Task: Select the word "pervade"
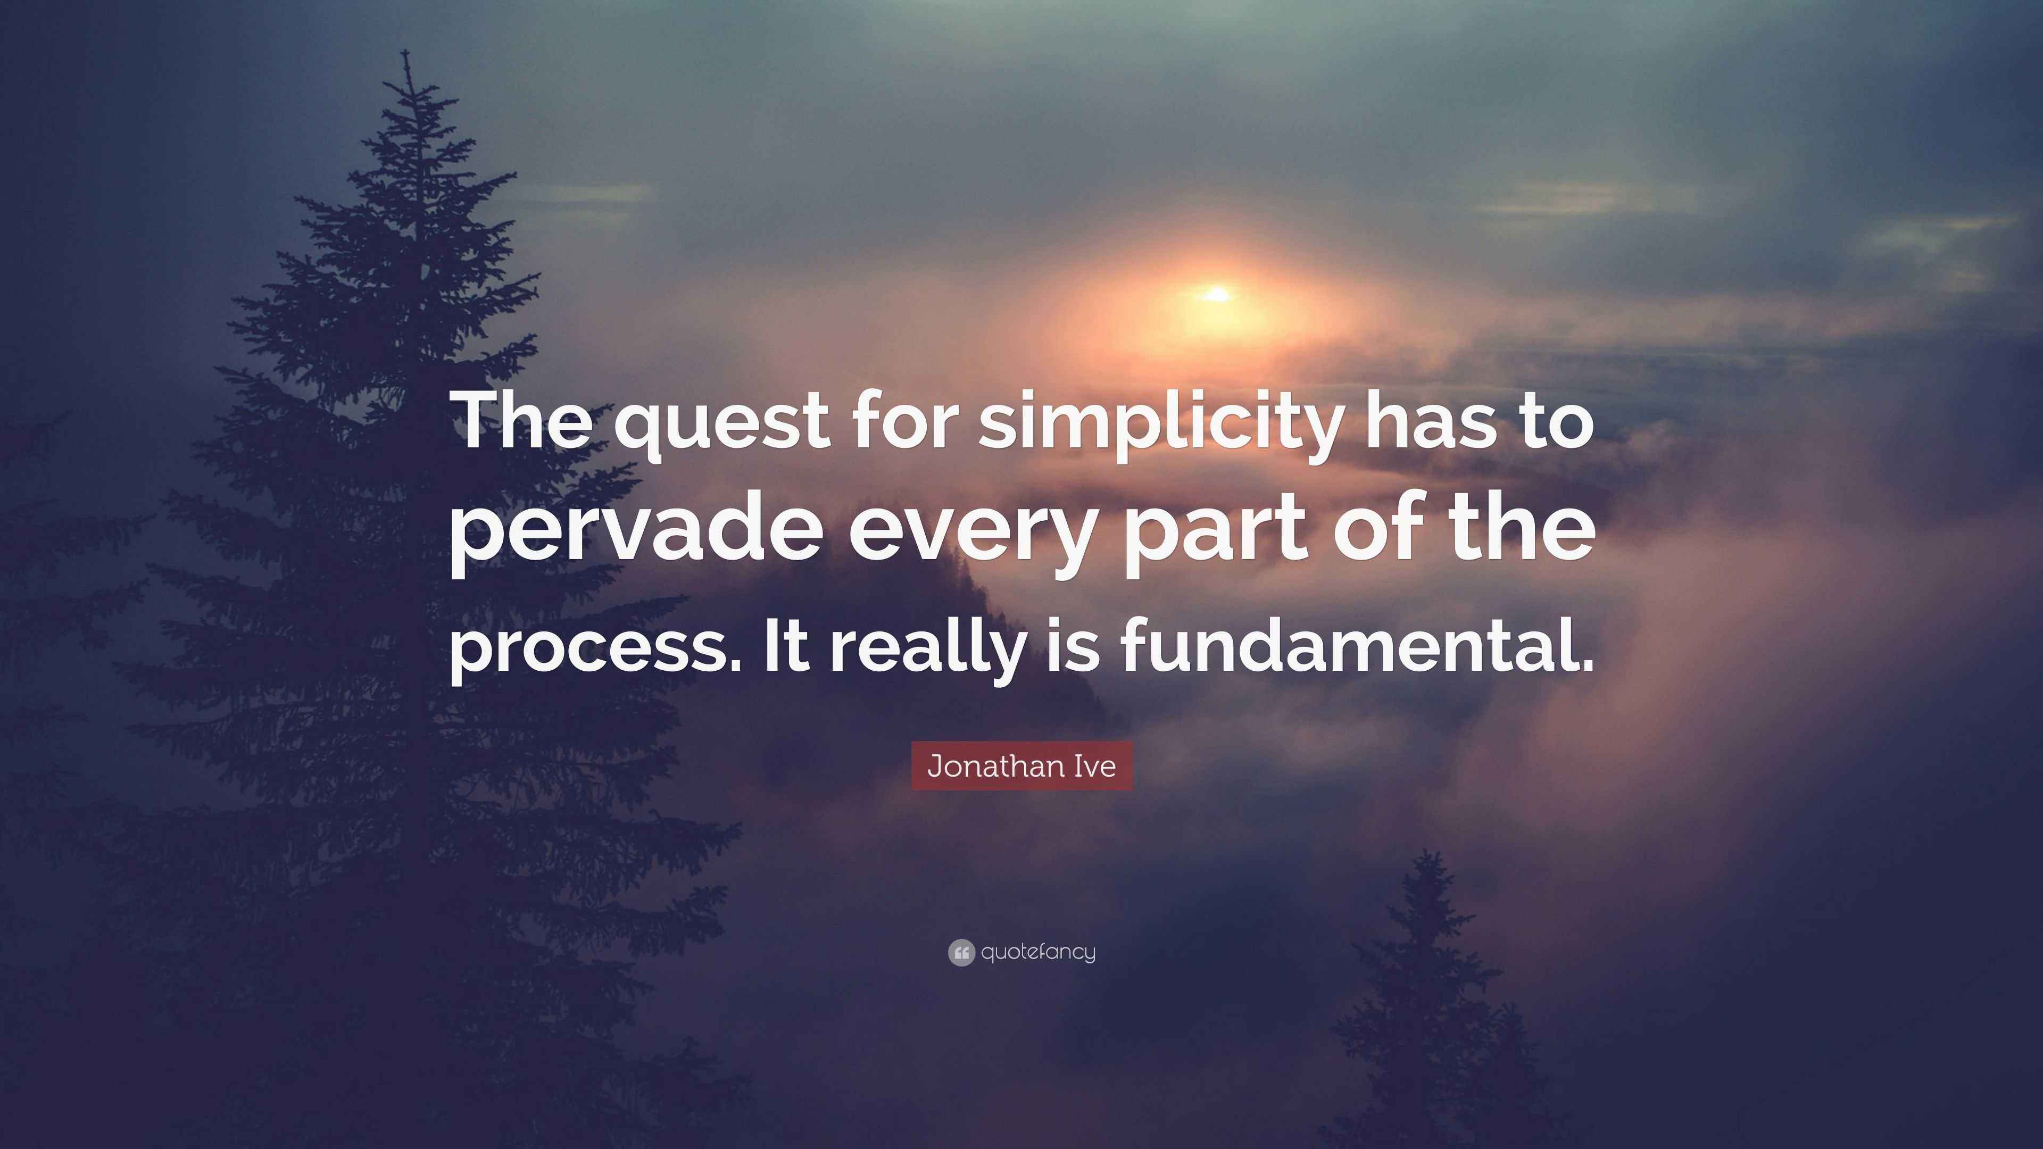(635, 533)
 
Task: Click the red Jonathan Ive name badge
(1021, 766)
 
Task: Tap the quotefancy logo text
(1038, 952)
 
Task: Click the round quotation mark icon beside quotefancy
(960, 952)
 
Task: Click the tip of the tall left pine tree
(406, 54)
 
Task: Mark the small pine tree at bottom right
(1427, 991)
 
